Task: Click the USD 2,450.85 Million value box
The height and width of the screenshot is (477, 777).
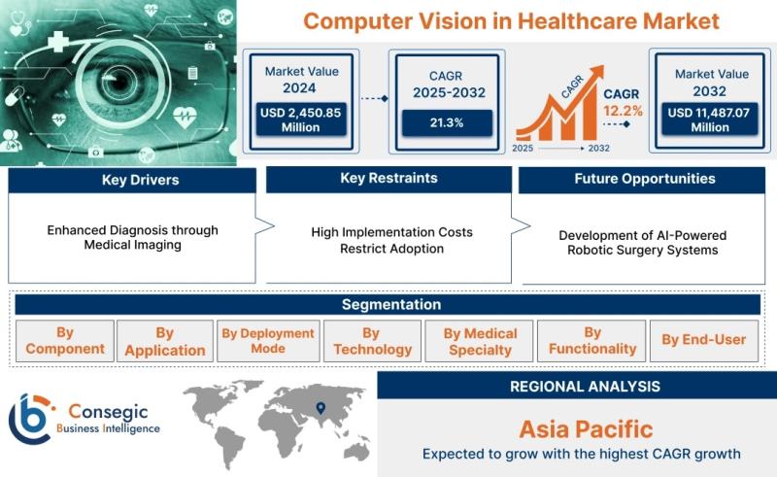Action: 301,119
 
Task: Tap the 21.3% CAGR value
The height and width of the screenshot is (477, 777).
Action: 447,123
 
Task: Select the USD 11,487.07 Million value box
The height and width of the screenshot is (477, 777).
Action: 710,119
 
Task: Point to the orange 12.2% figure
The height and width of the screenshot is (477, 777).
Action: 623,111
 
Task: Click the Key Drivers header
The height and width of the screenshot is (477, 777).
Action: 132,180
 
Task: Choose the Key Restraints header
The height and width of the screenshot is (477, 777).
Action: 389,179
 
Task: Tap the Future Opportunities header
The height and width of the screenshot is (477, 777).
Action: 642,180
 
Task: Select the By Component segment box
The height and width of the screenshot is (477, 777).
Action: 65,341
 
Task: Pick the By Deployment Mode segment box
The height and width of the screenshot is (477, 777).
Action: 268,341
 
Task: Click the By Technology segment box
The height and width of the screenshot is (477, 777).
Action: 372,341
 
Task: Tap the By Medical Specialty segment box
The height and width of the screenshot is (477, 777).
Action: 479,341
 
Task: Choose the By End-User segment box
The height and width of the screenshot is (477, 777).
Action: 703,341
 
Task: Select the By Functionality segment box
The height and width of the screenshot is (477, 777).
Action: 591,341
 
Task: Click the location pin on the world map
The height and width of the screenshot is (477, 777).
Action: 321,408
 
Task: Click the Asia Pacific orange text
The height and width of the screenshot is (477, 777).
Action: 586,429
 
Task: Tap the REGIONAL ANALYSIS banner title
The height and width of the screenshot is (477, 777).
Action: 585,387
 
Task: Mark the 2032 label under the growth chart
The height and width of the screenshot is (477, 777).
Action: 598,149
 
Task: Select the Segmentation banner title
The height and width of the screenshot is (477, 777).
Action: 391,304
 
